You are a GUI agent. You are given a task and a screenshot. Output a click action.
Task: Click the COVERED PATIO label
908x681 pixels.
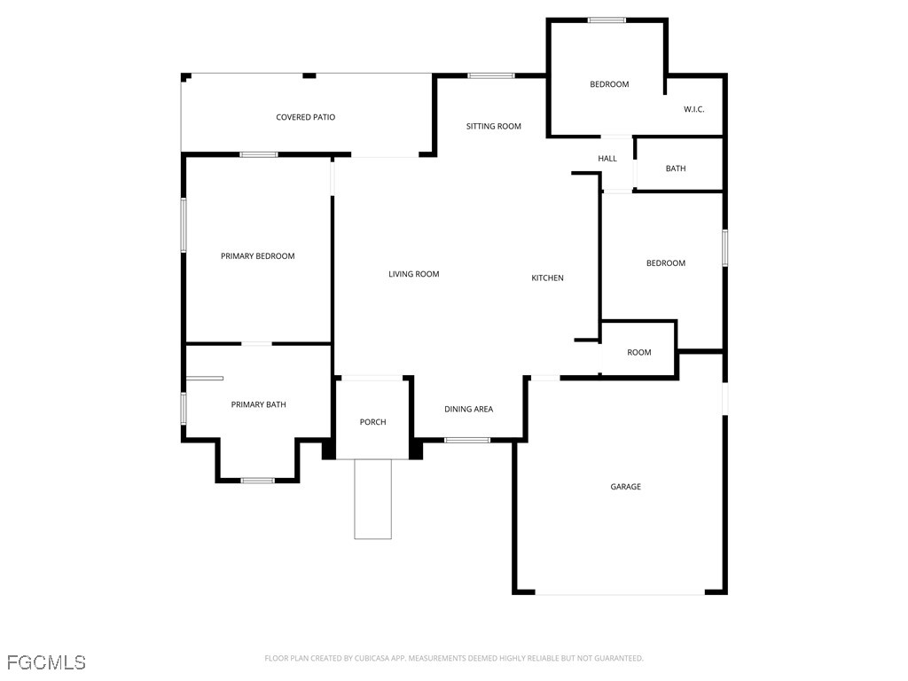[x=305, y=117]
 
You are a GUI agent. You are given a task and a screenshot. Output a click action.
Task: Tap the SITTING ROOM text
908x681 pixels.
[x=493, y=126]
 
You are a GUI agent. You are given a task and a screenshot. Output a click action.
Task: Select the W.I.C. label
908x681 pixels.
[x=693, y=109]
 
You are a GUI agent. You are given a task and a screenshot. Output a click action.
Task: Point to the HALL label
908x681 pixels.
[x=607, y=159]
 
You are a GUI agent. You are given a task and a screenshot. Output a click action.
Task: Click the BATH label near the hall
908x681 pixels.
[x=675, y=168]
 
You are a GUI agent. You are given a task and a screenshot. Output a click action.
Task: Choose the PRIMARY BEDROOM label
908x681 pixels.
[x=258, y=256]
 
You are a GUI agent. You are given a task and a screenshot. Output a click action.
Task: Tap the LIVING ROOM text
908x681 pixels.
[x=413, y=274]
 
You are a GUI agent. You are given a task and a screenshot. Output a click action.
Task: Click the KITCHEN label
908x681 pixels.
[x=547, y=278]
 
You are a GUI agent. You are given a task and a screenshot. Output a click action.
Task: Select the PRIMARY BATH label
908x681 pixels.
[x=258, y=404]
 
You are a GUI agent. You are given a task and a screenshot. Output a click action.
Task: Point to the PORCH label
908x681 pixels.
[x=372, y=422]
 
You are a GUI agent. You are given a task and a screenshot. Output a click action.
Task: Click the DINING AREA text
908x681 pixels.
[x=468, y=409]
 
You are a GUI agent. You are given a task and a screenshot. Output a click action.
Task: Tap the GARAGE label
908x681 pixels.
[x=625, y=487]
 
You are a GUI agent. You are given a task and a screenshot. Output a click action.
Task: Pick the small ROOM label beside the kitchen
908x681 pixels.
[x=638, y=352]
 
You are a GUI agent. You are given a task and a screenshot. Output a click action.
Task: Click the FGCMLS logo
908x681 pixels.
[x=46, y=662]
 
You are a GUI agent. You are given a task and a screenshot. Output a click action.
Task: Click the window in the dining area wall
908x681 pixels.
[x=467, y=440]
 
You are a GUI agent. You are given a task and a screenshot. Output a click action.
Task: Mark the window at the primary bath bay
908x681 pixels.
[x=258, y=480]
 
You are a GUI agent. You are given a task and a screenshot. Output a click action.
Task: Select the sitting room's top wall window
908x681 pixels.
[x=491, y=75]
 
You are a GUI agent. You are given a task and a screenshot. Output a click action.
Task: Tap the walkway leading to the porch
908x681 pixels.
[x=373, y=499]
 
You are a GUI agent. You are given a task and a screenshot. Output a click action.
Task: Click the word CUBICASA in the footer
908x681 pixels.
[x=374, y=659]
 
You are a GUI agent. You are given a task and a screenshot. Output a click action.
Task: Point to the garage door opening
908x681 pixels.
[x=620, y=593]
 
